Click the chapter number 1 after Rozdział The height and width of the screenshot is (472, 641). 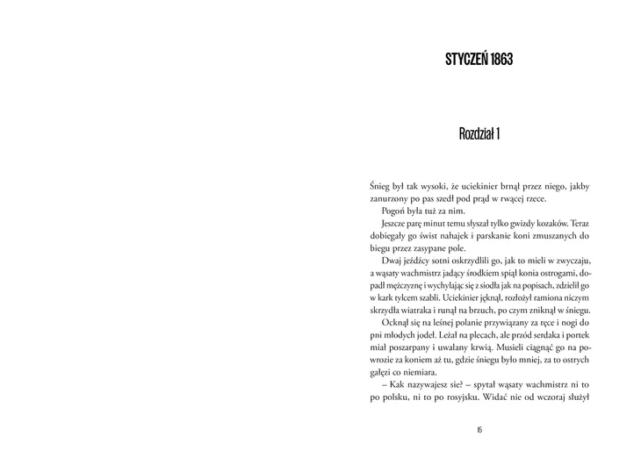pyautogui.click(x=498, y=134)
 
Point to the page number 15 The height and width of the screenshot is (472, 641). pyautogui.click(x=479, y=429)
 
